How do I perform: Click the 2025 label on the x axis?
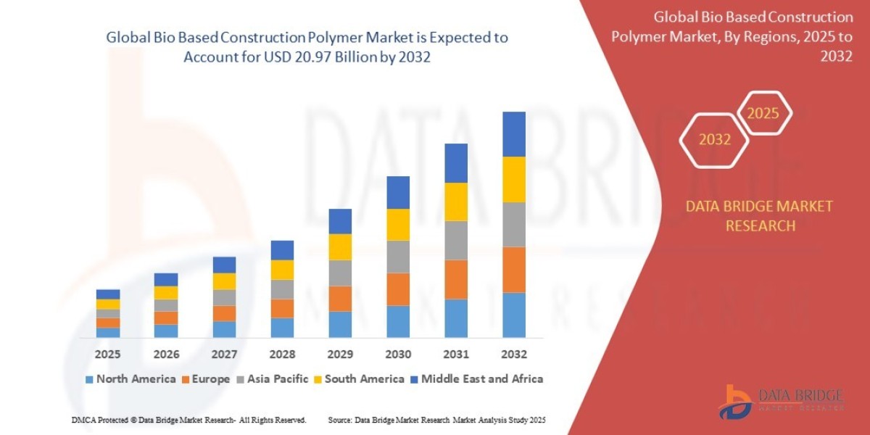[107, 355]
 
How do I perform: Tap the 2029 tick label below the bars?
[340, 355]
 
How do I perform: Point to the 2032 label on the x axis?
[514, 355]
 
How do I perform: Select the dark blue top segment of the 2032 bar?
[514, 134]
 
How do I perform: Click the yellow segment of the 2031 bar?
[456, 202]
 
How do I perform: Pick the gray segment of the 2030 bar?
[398, 257]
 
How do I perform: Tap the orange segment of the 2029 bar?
[340, 299]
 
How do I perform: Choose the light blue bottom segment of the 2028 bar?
[282, 328]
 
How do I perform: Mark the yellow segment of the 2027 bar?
[224, 281]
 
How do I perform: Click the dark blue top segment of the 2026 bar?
[166, 280]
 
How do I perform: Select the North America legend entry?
[130, 378]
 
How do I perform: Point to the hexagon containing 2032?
[714, 140]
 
